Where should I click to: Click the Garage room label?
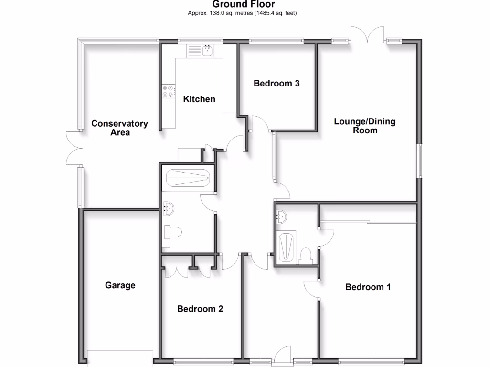click(120, 285)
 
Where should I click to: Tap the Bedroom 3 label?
click(276, 83)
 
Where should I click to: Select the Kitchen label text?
click(199, 99)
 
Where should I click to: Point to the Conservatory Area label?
click(120, 128)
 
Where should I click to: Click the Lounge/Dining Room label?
click(365, 126)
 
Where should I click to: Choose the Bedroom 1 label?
click(368, 287)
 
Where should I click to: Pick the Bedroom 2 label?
click(200, 309)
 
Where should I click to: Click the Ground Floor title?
click(244, 5)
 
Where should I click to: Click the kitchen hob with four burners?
click(168, 91)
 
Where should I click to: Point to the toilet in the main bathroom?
click(172, 232)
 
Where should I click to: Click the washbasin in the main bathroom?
click(168, 207)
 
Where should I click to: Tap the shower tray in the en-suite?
click(287, 248)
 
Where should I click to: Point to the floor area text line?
click(242, 13)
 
